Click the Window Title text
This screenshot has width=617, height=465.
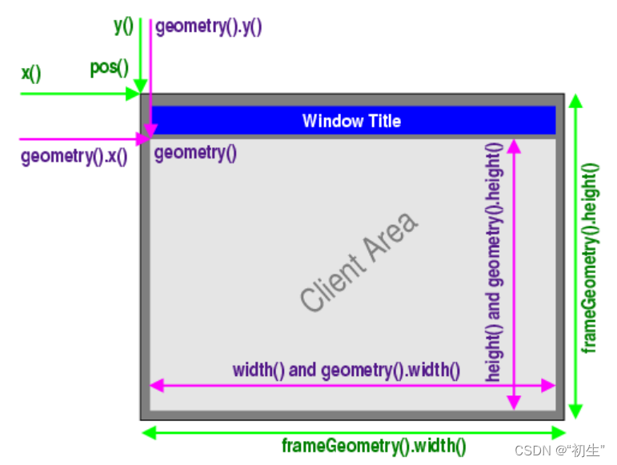[351, 121]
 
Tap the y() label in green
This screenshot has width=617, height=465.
[123, 25]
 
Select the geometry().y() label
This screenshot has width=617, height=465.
[209, 26]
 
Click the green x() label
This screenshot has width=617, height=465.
[30, 74]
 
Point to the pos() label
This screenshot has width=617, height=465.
[109, 67]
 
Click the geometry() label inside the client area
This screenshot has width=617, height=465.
[195, 152]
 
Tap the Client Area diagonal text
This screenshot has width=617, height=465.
[359, 262]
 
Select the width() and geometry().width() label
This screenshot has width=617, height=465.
[347, 370]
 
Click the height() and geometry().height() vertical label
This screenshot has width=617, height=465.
[494, 261]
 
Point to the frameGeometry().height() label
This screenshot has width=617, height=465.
[590, 258]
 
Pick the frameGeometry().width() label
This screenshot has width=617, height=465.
[374, 447]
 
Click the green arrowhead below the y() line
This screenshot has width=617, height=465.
[140, 86]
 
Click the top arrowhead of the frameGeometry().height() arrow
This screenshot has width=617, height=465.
[575, 101]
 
